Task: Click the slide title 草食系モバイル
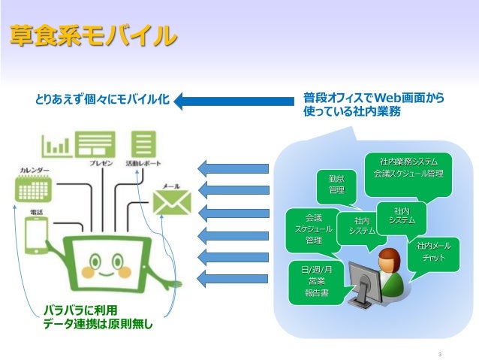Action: click(94, 35)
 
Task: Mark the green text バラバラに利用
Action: click(80, 310)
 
